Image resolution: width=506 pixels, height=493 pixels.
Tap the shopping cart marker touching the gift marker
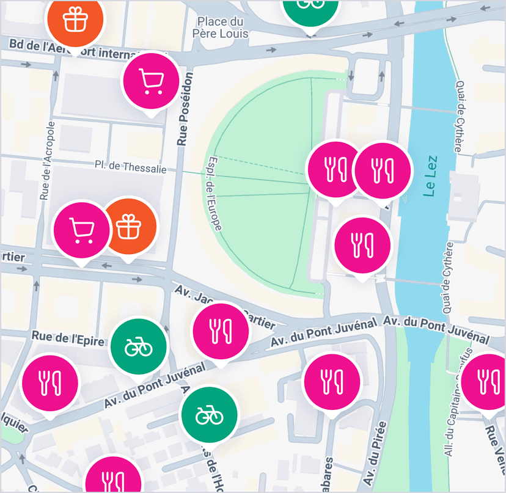[x=81, y=230]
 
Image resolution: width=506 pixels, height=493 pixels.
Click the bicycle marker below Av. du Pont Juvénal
[x=208, y=415]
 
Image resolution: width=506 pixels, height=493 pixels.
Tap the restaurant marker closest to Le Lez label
[x=383, y=170]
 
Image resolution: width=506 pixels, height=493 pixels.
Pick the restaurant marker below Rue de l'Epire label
[x=50, y=382]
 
